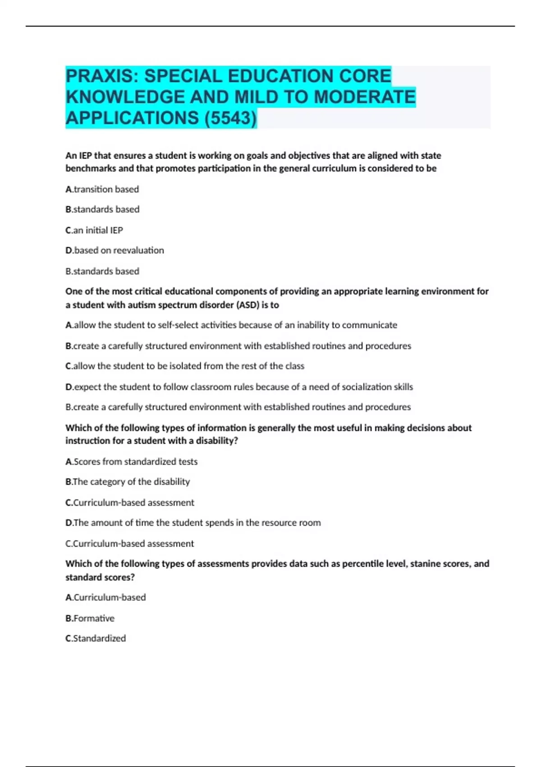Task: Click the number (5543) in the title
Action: click(x=230, y=118)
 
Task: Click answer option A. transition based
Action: click(x=102, y=189)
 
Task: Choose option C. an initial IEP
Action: click(x=94, y=230)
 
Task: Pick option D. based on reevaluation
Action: click(x=115, y=250)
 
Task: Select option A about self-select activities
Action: click(x=231, y=325)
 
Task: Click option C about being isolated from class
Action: click(x=185, y=366)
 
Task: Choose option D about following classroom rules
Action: click(x=239, y=387)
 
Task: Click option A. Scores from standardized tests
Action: click(x=132, y=462)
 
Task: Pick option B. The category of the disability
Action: click(x=128, y=482)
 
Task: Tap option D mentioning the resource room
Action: click(x=193, y=523)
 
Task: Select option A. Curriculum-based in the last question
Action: click(x=105, y=597)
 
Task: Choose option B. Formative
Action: click(x=90, y=618)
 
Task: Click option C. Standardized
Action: click(x=96, y=638)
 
